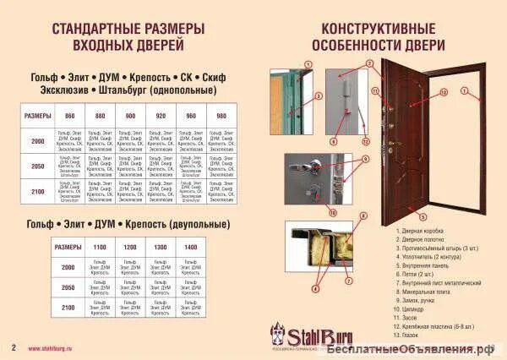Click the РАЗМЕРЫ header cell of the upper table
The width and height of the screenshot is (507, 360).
click(38, 115)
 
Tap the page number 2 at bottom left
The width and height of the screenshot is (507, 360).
click(13, 347)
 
